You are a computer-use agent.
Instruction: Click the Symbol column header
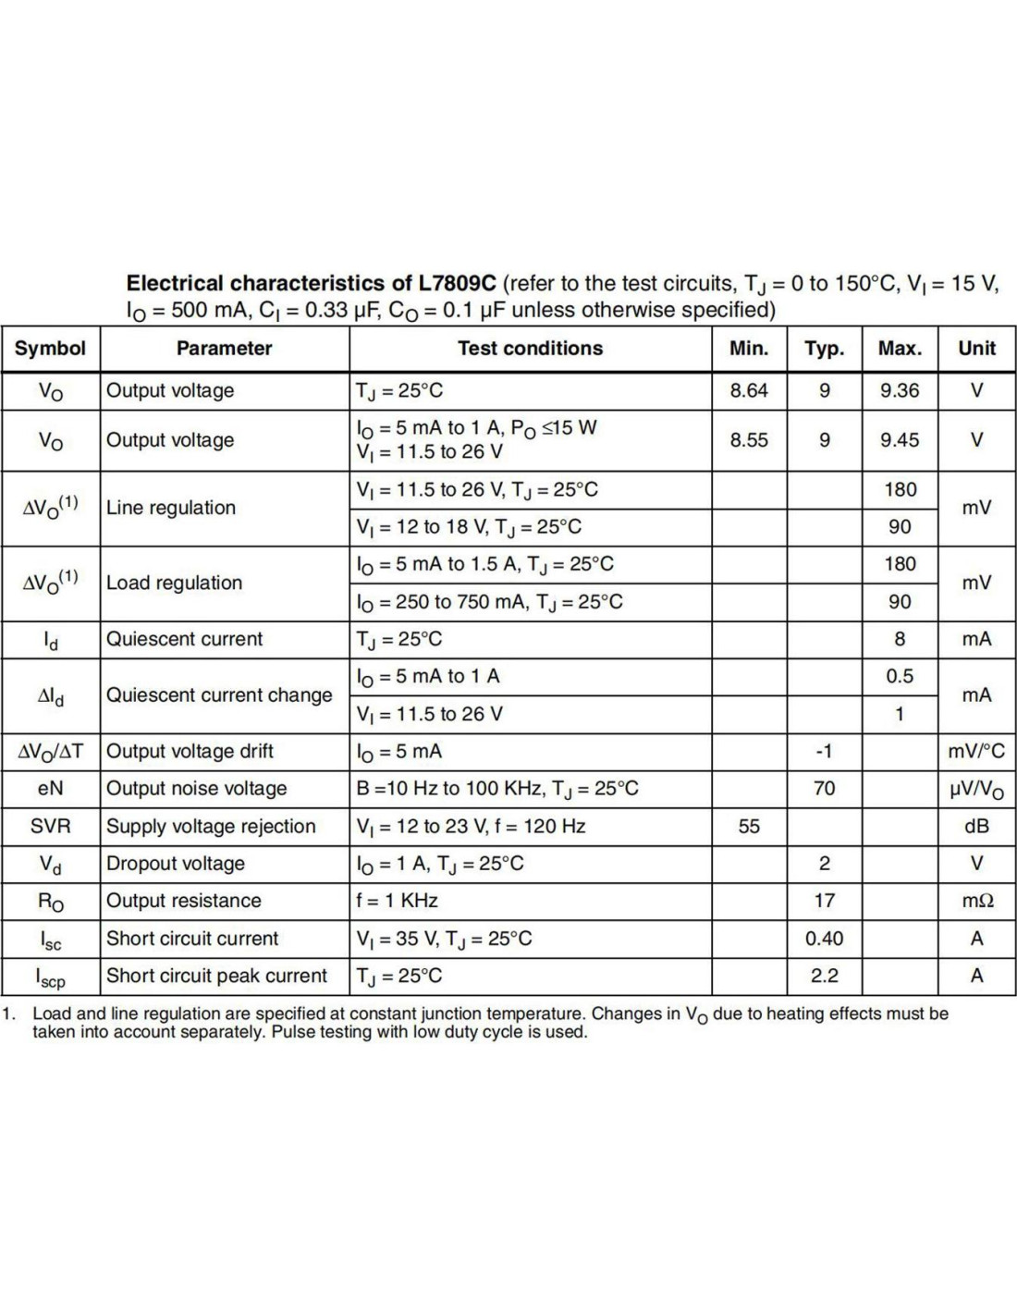[x=50, y=349]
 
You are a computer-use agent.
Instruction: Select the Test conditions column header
[x=530, y=349]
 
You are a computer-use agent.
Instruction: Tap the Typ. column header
[x=824, y=349]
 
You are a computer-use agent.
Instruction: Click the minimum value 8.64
[x=749, y=390]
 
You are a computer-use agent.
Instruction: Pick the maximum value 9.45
[x=900, y=440]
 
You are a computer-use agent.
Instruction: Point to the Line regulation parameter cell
[x=171, y=508]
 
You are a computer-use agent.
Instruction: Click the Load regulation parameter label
[x=174, y=583]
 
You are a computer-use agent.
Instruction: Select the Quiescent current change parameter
[x=219, y=695]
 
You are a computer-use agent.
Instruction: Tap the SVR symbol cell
[x=50, y=826]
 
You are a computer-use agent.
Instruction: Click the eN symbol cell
[x=50, y=789]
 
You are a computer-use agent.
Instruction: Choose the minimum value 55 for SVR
[x=749, y=826]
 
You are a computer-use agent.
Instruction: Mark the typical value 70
[x=824, y=789]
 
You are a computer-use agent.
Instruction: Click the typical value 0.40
[x=824, y=939]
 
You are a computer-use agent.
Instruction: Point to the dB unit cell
[x=976, y=826]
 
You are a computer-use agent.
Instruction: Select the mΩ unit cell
[x=976, y=901]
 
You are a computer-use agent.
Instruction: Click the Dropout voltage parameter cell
[x=176, y=864]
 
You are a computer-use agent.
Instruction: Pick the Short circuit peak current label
[x=216, y=976]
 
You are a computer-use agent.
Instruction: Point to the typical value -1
[x=824, y=751]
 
